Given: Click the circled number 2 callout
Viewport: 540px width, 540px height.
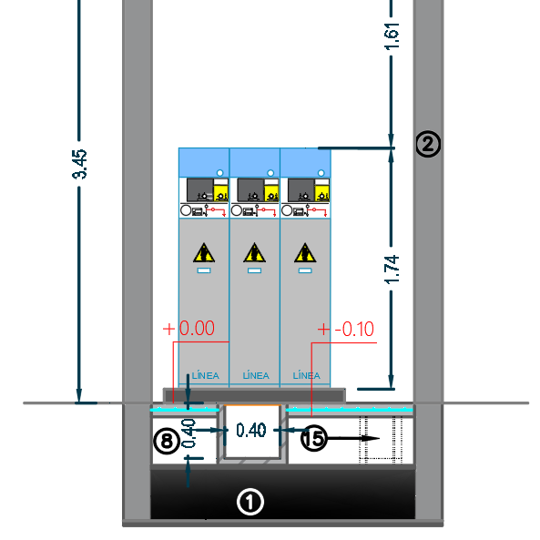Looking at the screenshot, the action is coord(428,144).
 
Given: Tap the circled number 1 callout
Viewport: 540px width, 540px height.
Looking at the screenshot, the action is coord(250,502).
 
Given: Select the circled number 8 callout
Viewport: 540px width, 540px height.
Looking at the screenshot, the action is coord(167,441).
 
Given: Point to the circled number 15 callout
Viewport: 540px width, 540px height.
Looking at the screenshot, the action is coord(314,438).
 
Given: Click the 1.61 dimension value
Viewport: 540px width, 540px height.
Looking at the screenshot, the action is coord(392,36).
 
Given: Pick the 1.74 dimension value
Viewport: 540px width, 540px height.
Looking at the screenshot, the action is coord(392,270).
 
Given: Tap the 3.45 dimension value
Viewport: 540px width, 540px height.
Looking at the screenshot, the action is coord(79,164).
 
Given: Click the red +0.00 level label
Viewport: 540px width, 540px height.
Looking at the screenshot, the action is coord(188,328).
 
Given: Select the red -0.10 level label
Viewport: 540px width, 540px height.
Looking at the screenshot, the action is coord(346,330).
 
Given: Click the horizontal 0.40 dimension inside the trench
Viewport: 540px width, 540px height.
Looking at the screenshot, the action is coord(251,430).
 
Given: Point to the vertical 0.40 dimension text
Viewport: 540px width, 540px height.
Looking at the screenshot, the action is coord(188,433).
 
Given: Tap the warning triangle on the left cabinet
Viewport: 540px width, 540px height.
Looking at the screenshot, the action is coord(204,253).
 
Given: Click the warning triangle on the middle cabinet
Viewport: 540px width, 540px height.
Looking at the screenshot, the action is coord(254,253).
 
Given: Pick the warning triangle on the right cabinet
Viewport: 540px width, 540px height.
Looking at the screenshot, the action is coord(305,253).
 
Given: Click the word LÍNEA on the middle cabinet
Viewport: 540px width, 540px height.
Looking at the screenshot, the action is coord(256,375).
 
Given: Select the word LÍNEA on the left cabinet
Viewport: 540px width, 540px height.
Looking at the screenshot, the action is coord(205,375).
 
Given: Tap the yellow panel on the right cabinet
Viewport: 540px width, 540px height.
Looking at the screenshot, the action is coord(322,193).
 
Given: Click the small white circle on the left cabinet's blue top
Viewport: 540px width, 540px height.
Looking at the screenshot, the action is coord(220,172).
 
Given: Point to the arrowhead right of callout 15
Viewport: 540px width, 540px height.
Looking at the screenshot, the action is coord(371,438).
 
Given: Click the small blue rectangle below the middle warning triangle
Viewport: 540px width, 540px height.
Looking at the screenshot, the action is coord(254,270).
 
